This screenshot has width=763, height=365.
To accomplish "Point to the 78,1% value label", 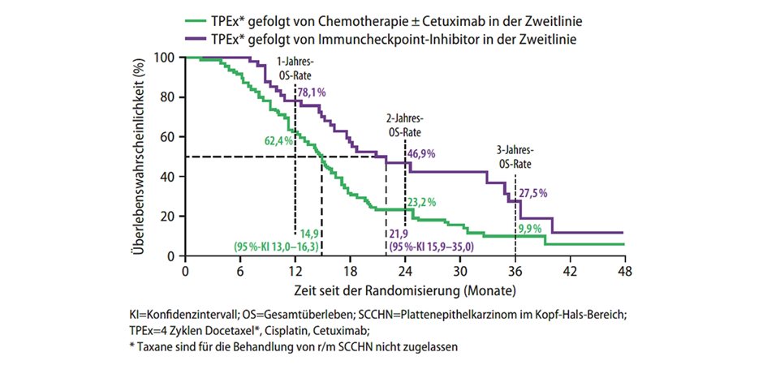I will coord(311,93).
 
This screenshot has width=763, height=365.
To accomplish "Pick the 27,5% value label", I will coord(533,193).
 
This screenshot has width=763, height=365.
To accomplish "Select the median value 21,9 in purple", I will coord(401,233).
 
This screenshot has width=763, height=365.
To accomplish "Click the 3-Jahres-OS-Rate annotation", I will coord(515,157).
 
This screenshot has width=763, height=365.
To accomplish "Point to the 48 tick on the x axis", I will coord(623,271).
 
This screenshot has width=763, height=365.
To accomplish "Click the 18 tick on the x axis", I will coord(350,271).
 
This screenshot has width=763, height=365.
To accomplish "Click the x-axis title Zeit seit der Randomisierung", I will coord(405,290).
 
